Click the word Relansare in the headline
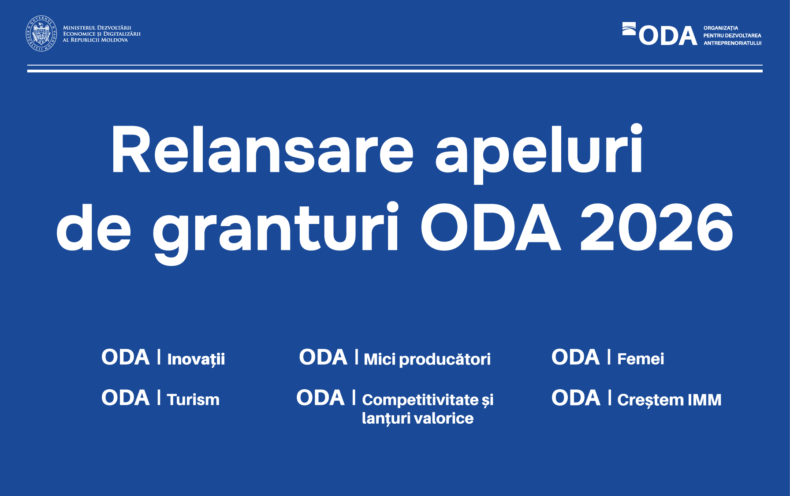tap(262, 150)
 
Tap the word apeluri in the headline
tap(539, 152)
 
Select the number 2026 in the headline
tap(656, 228)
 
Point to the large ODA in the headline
tap(490, 228)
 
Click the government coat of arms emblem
tap(41, 34)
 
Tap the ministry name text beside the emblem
tap(101, 34)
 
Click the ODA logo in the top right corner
tap(660, 35)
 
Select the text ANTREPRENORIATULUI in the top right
tap(732, 43)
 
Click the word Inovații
tap(196, 359)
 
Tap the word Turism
tap(193, 400)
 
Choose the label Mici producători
tap(427, 359)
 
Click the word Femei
tap(641, 359)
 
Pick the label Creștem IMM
tap(669, 400)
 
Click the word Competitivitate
tap(420, 400)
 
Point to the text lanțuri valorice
tap(417, 418)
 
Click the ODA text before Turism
tap(126, 398)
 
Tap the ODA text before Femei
tap(575, 357)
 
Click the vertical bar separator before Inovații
tap(159, 357)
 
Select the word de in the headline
tap(93, 229)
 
